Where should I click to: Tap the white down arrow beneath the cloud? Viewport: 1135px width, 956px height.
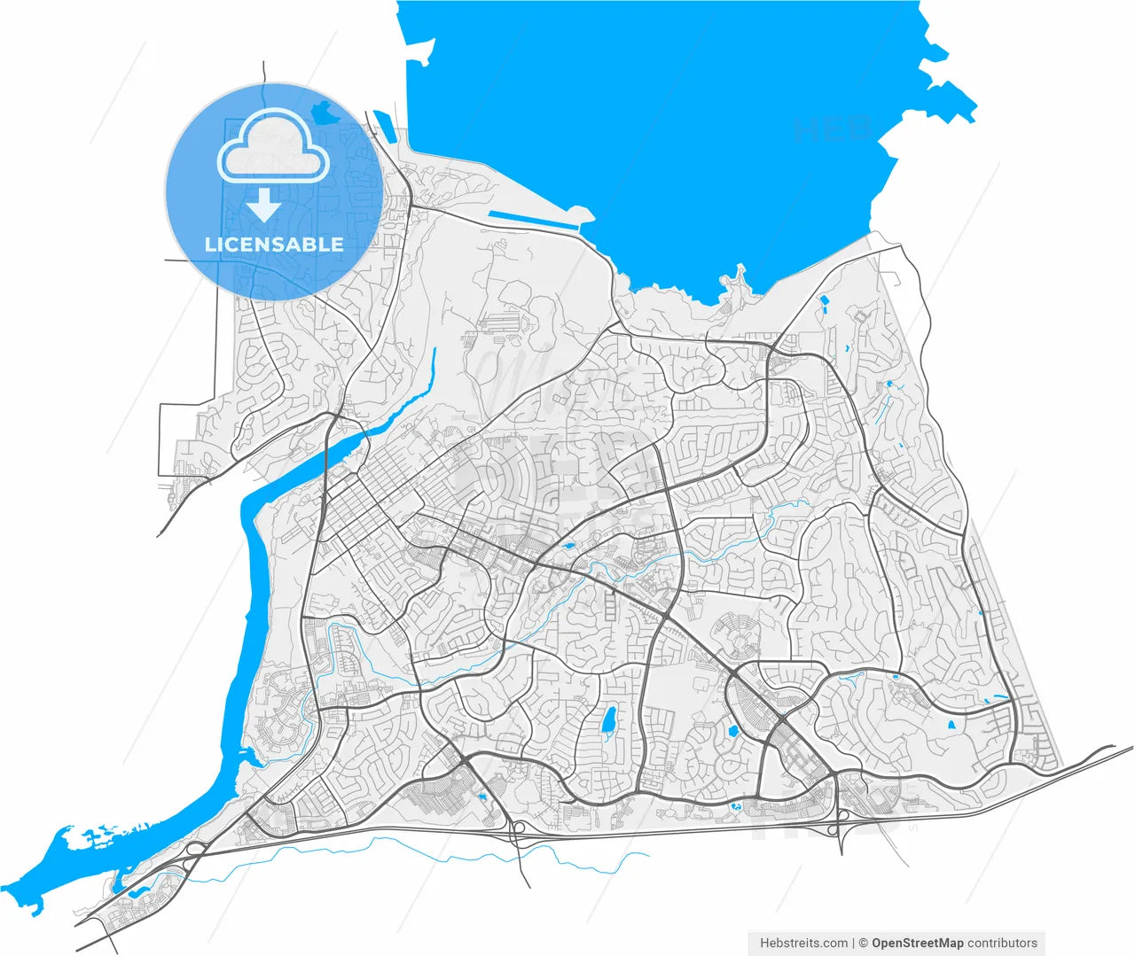click(x=263, y=205)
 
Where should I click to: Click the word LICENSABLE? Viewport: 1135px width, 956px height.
click(x=274, y=245)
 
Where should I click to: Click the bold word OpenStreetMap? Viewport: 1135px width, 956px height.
click(x=917, y=943)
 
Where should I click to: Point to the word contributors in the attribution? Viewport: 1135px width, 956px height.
click(x=1002, y=943)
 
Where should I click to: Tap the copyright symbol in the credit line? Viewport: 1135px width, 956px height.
click(x=863, y=943)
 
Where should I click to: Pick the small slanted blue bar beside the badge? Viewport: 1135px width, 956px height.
click(x=382, y=123)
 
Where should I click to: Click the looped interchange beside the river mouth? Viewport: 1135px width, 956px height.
click(x=194, y=849)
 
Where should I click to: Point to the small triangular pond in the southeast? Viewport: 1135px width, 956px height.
click(x=952, y=724)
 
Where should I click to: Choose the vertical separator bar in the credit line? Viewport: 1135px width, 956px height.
click(x=853, y=943)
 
